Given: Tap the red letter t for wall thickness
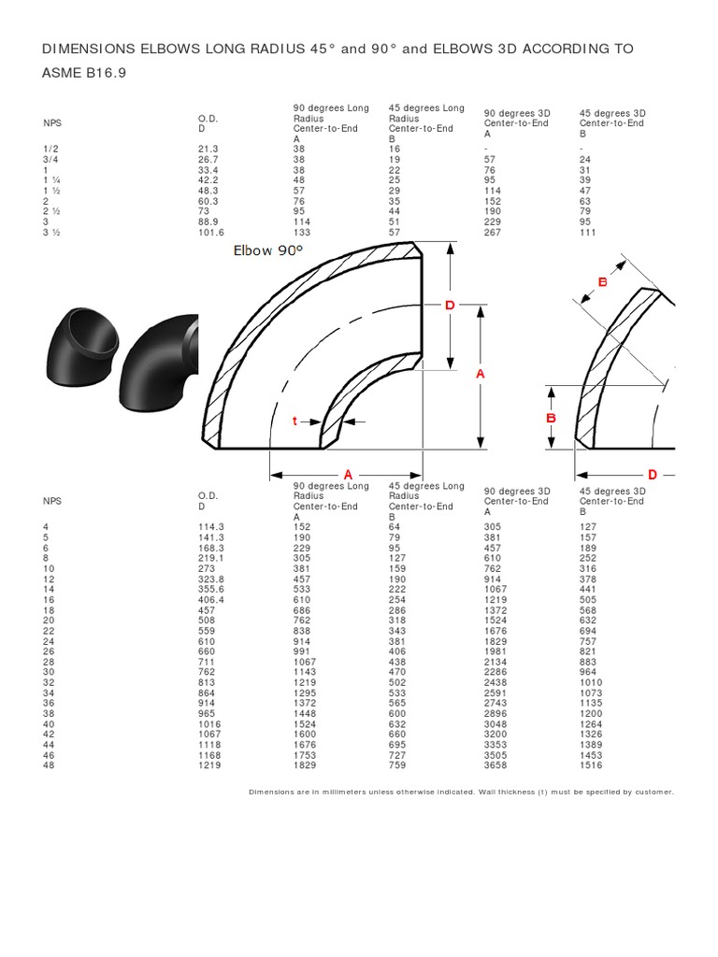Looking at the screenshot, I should pos(294,421).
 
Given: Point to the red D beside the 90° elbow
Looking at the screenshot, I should pos(449,306).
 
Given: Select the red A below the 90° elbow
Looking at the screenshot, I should pos(348,475).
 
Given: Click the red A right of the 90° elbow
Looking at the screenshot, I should pos(481,373).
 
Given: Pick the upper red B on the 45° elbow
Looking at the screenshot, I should pos(603,282).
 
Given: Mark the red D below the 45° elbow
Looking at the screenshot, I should pos(653,475).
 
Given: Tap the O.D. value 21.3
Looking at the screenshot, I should pos(207,149).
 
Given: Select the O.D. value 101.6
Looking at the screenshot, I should pos(211,232).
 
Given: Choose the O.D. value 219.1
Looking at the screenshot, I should pos(211,559).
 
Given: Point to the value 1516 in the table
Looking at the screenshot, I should pos(591,765).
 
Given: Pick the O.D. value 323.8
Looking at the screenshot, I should pos(211,579).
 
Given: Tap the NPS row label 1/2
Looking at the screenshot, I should pos(50,149).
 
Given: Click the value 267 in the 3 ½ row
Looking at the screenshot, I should pos(492,232).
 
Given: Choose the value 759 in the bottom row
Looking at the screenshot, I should pos(398,765).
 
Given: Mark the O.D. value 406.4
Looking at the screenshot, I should pos(211,600).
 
